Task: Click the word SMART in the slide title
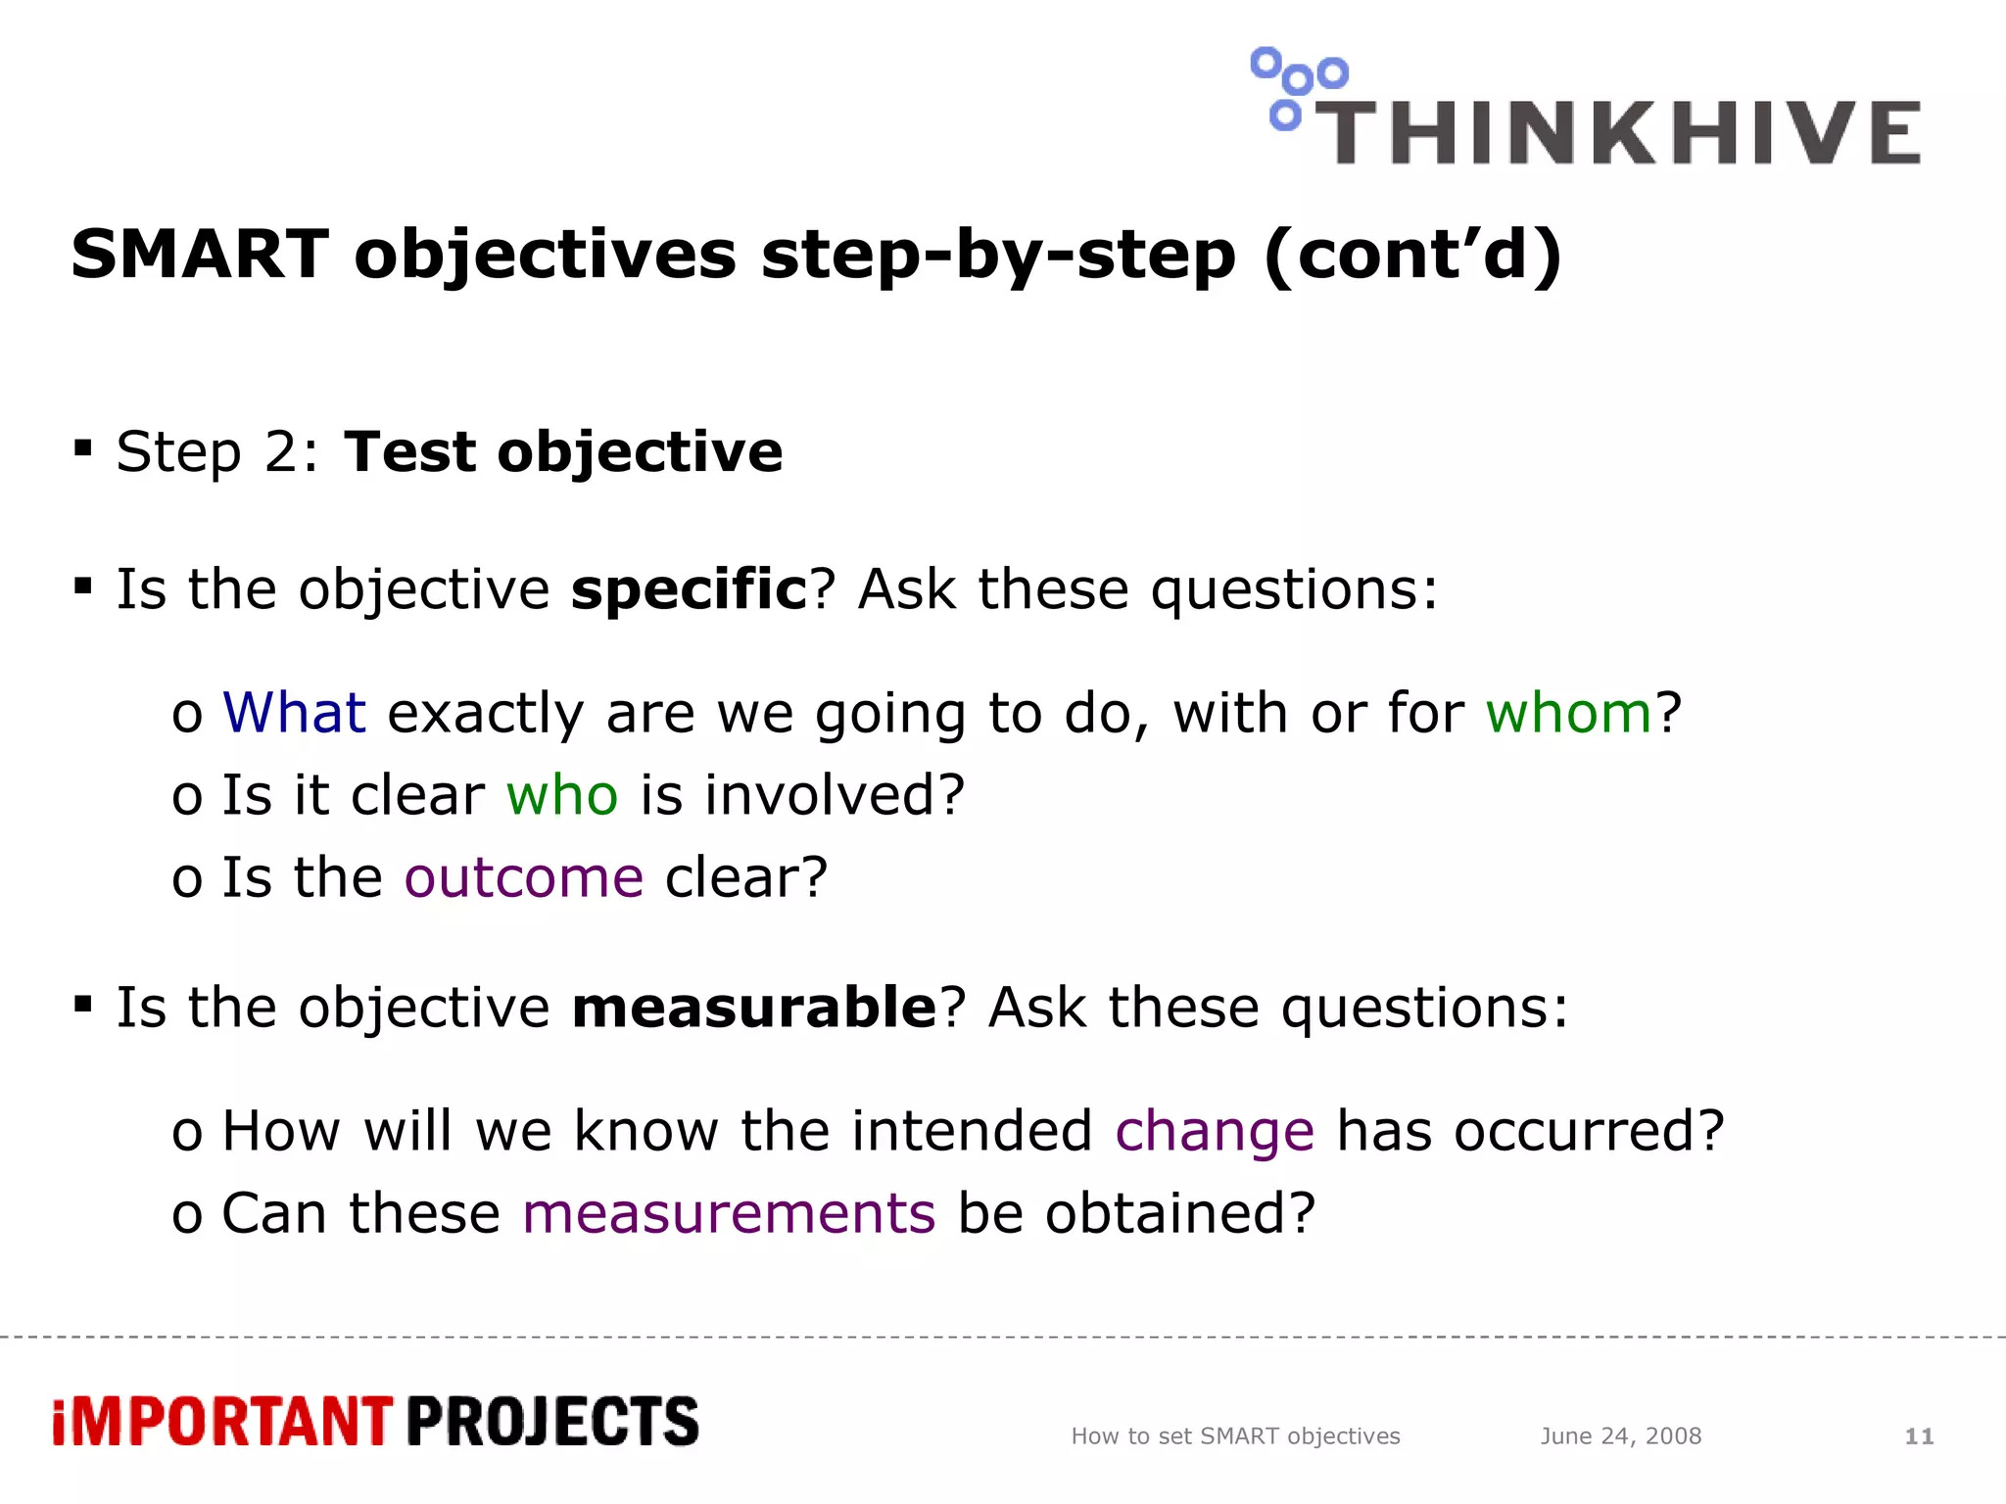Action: [x=200, y=255]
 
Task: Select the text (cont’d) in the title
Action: [x=1412, y=255]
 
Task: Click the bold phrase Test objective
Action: [x=563, y=452]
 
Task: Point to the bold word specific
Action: [x=689, y=589]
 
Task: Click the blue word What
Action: [x=294, y=712]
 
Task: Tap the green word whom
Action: [x=1568, y=712]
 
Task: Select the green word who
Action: [x=562, y=794]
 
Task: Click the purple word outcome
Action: [x=524, y=876]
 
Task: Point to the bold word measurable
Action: [x=754, y=1008]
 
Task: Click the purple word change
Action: [x=1215, y=1132]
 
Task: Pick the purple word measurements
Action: [x=729, y=1214]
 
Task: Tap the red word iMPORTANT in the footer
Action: [x=222, y=1422]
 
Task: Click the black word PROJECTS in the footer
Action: [x=552, y=1422]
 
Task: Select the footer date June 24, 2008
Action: [x=1620, y=1436]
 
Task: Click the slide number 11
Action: [x=1918, y=1436]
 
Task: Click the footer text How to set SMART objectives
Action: [x=1235, y=1436]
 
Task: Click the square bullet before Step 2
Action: [x=83, y=448]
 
